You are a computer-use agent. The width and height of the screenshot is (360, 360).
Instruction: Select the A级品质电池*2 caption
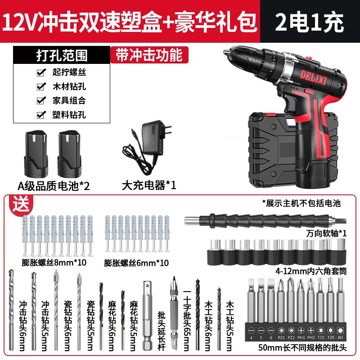click(x=54, y=185)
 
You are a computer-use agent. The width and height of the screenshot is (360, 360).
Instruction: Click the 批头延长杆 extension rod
click(x=148, y=315)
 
